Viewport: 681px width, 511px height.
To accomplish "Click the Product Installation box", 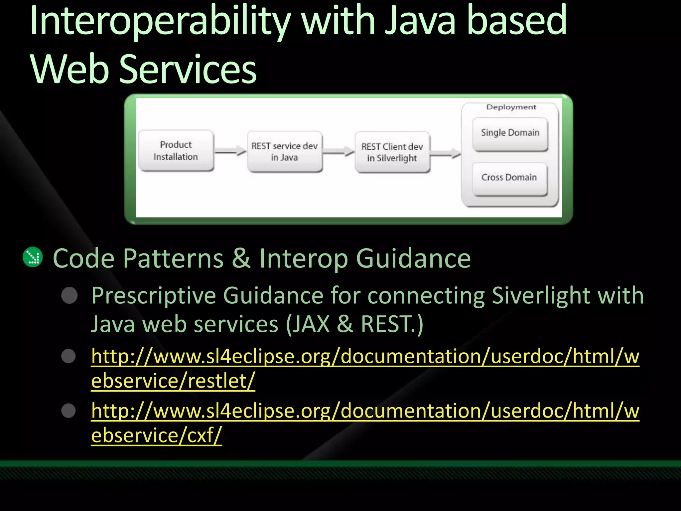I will (176, 151).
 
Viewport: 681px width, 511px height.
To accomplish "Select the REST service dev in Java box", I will (285, 152).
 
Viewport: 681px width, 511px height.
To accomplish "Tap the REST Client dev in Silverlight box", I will (392, 152).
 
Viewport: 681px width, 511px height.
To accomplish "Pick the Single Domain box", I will (510, 133).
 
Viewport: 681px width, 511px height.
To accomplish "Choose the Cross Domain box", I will (509, 178).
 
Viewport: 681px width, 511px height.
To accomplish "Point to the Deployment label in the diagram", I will (511, 107).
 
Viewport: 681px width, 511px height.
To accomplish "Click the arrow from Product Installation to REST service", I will (230, 151).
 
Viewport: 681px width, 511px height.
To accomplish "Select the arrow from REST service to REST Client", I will (339, 152).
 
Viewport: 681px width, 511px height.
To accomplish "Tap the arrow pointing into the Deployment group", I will (446, 153).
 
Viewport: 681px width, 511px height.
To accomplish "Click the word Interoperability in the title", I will (160, 22).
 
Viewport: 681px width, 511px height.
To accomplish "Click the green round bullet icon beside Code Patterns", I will (33, 257).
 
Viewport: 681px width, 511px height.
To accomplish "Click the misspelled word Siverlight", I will (541, 295).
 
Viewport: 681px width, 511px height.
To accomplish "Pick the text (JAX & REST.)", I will (354, 324).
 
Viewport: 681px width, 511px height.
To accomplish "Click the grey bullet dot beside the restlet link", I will (69, 356).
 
